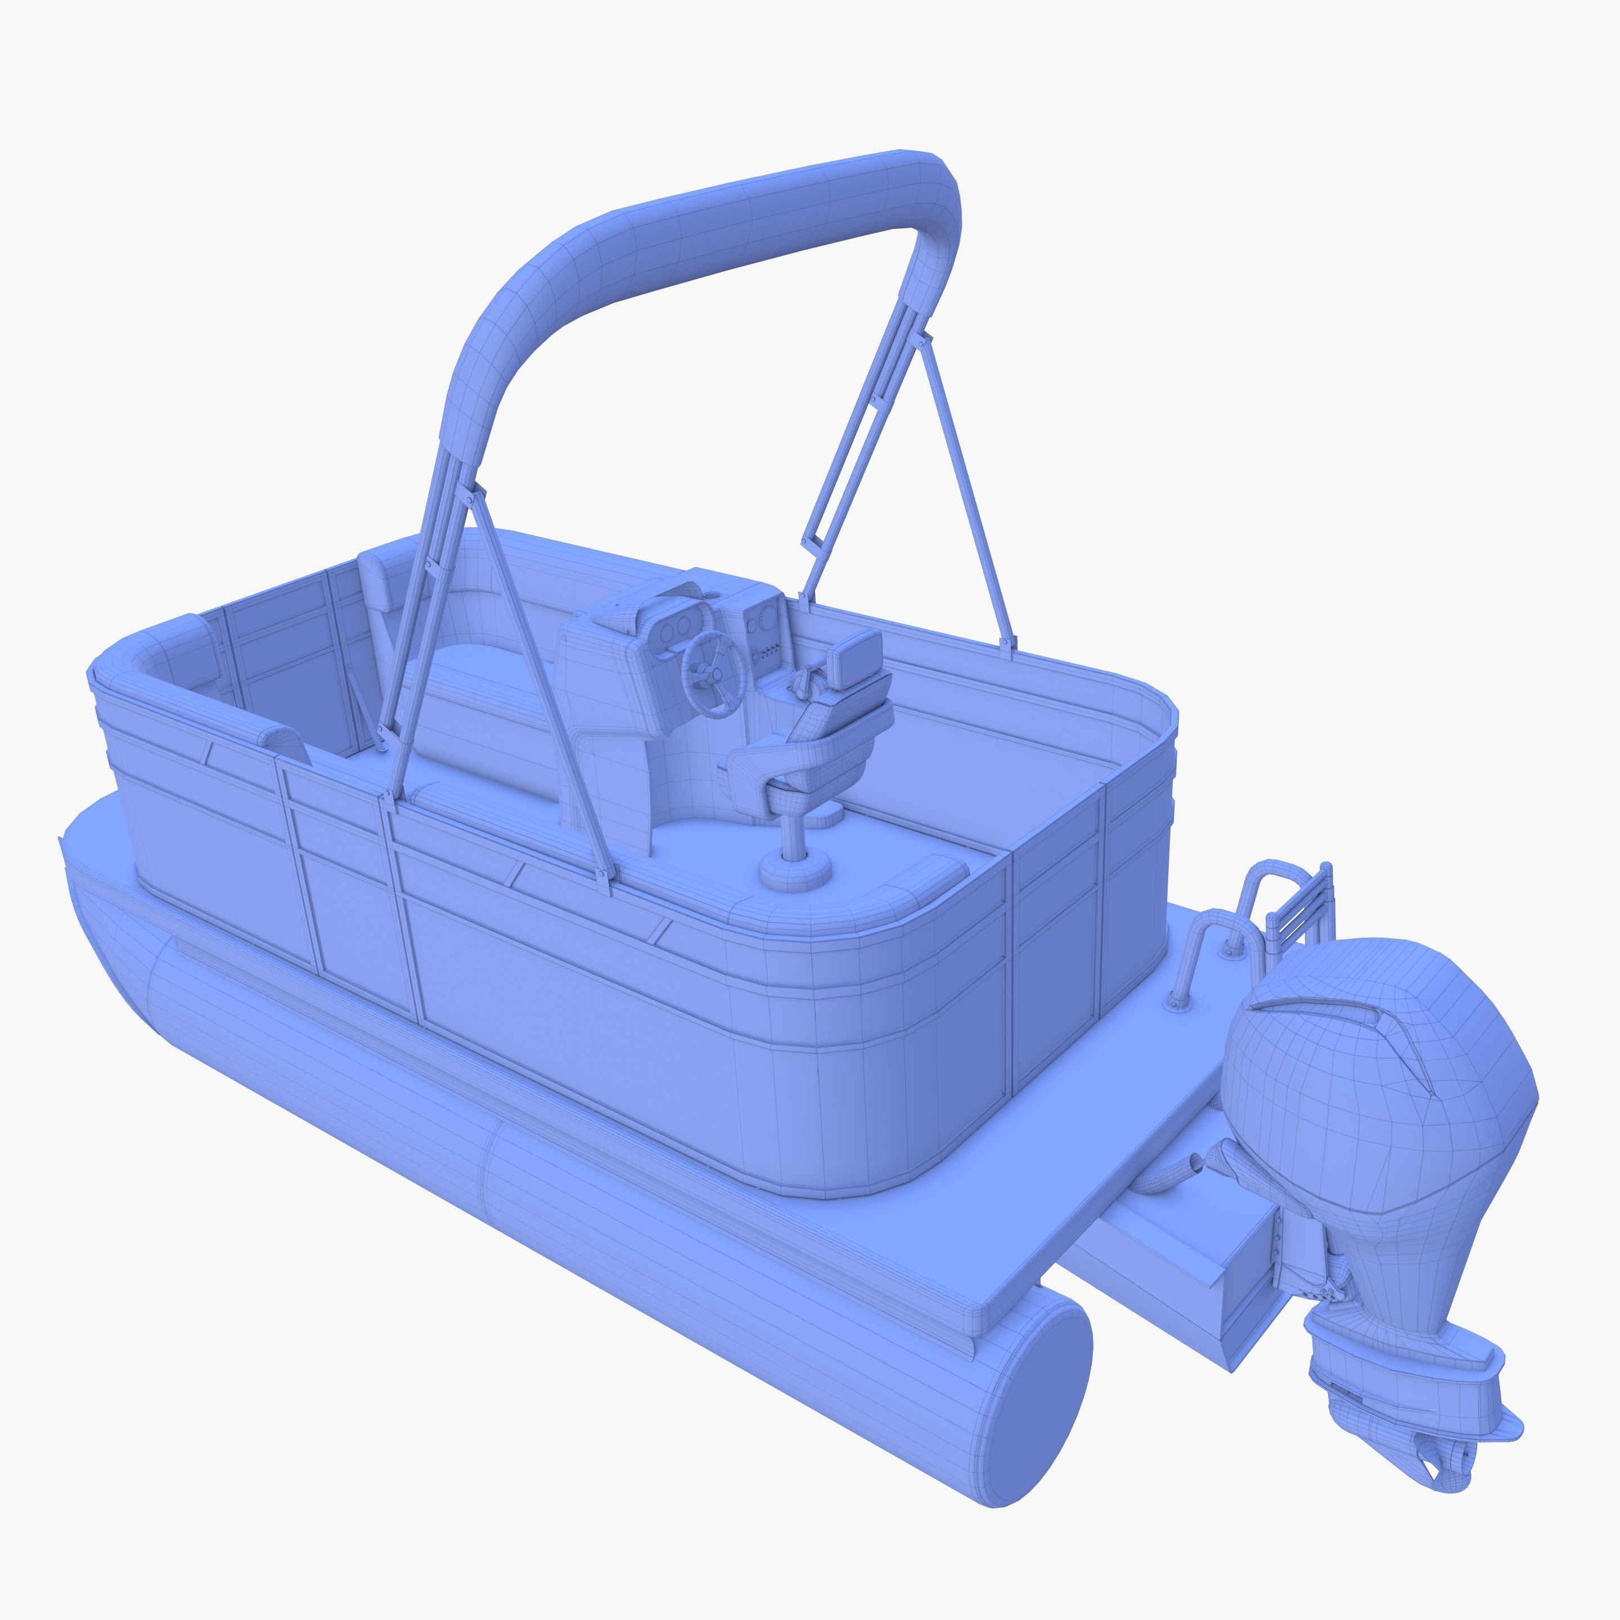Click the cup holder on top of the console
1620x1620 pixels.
coord(711,595)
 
